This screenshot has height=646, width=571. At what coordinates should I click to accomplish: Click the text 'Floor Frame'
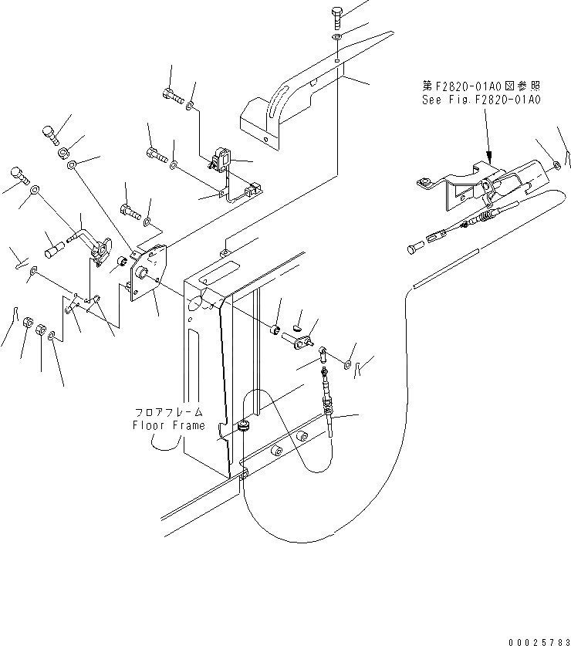click(x=168, y=425)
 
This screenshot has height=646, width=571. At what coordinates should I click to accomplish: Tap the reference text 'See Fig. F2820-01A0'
click(x=481, y=100)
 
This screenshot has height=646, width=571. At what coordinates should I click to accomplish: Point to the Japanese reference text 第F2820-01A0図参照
click(x=480, y=86)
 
